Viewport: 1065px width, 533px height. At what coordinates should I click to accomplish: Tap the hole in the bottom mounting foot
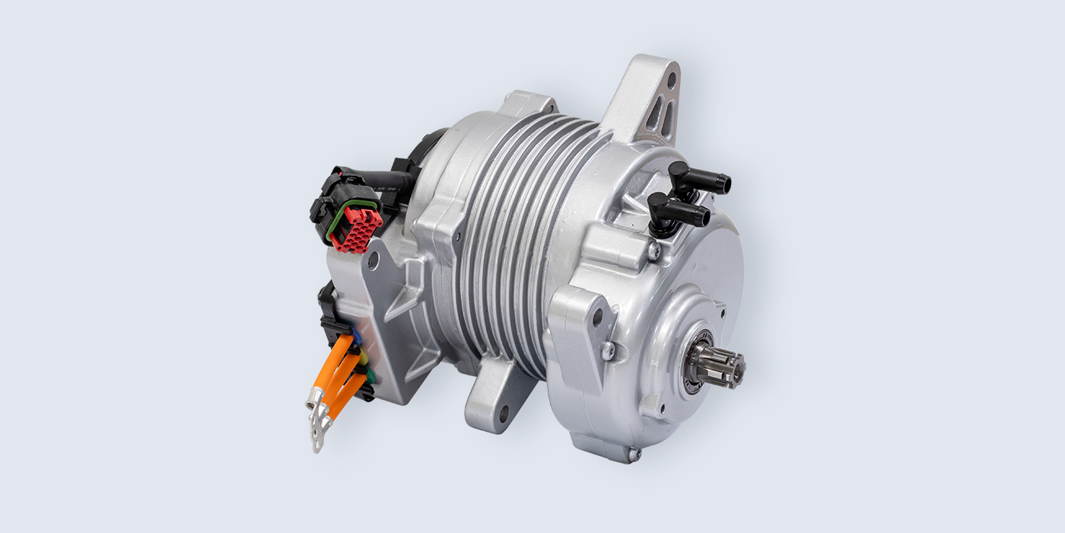tap(504, 413)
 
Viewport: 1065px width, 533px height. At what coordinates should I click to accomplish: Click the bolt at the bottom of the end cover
tap(631, 454)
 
